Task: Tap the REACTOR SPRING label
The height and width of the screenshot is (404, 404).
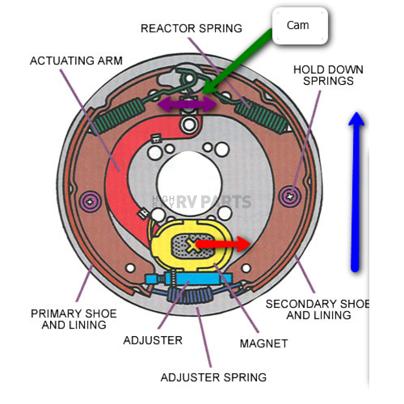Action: (191, 28)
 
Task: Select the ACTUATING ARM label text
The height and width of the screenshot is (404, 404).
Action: (76, 61)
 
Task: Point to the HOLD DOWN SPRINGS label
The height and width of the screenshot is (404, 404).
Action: (328, 75)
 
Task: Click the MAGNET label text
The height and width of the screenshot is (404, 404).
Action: (264, 344)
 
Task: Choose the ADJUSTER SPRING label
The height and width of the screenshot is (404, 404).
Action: (213, 377)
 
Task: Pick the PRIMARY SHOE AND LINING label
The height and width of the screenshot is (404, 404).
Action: (74, 319)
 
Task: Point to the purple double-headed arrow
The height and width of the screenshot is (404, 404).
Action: (187, 105)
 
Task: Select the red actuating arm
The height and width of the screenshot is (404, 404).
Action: (118, 170)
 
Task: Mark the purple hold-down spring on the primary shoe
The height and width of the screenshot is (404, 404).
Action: (90, 200)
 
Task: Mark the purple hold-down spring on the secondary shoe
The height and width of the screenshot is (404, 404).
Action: (290, 195)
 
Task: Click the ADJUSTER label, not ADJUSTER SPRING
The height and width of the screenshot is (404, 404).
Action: (153, 340)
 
